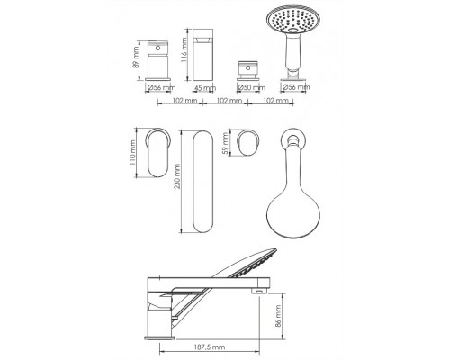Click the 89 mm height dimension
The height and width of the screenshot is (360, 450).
click(x=136, y=61)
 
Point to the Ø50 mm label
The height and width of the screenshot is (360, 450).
click(x=251, y=88)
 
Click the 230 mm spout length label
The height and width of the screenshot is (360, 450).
click(x=177, y=176)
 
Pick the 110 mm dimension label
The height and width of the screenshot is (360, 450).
click(x=132, y=153)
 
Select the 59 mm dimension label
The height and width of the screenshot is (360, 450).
click(x=225, y=143)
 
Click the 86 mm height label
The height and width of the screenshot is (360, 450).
click(x=278, y=316)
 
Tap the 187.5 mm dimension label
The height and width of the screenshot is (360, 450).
click(x=210, y=347)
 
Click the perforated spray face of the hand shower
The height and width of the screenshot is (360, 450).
click(x=292, y=19)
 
